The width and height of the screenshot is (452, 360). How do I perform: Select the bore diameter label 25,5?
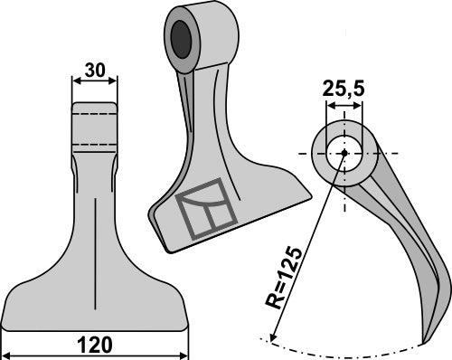click(344, 90)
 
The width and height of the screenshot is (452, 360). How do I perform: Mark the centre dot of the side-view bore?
click(344, 152)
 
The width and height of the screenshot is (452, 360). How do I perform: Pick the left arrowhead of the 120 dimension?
click(7, 352)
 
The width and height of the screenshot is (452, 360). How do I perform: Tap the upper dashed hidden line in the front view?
click(94, 116)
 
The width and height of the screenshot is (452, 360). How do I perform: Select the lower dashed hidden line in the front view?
click(94, 143)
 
